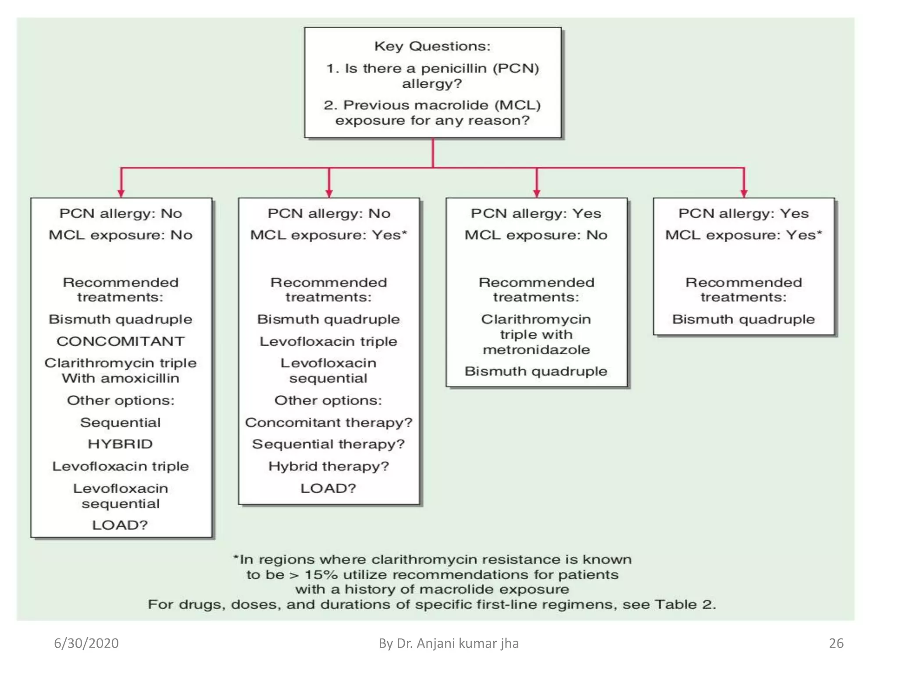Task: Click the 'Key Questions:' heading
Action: point(432,46)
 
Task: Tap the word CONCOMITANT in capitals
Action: point(121,341)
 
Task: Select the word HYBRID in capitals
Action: point(120,444)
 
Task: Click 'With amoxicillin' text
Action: point(121,378)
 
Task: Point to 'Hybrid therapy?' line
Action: point(328,466)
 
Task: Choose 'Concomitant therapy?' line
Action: point(328,422)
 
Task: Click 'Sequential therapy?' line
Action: point(328,444)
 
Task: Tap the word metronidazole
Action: point(536,350)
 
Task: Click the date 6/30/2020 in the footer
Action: point(86,643)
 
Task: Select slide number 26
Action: point(836,643)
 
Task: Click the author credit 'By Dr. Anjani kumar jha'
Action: point(449,643)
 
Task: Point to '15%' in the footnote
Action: point(322,574)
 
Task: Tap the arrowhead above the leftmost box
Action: point(121,194)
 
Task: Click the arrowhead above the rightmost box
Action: point(744,194)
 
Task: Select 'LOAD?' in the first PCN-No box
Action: point(120,525)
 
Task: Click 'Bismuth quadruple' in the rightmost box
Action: point(743,319)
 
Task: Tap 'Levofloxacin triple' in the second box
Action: point(328,341)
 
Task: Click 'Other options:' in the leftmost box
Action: point(121,400)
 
